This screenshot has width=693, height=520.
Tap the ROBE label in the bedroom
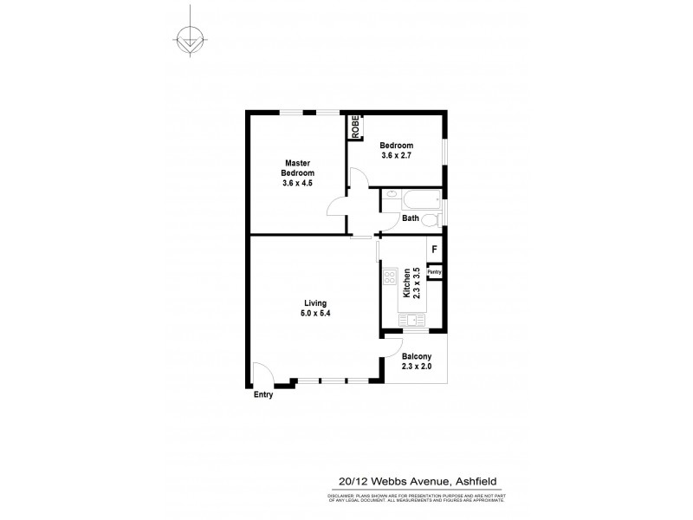click(355, 127)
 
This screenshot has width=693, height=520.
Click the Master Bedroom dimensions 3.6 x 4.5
click(297, 183)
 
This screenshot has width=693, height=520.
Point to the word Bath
click(410, 218)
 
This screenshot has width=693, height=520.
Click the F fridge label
click(434, 251)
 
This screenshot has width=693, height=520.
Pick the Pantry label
click(435, 272)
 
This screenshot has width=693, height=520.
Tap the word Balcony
click(417, 355)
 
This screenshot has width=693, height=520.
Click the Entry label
click(263, 395)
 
